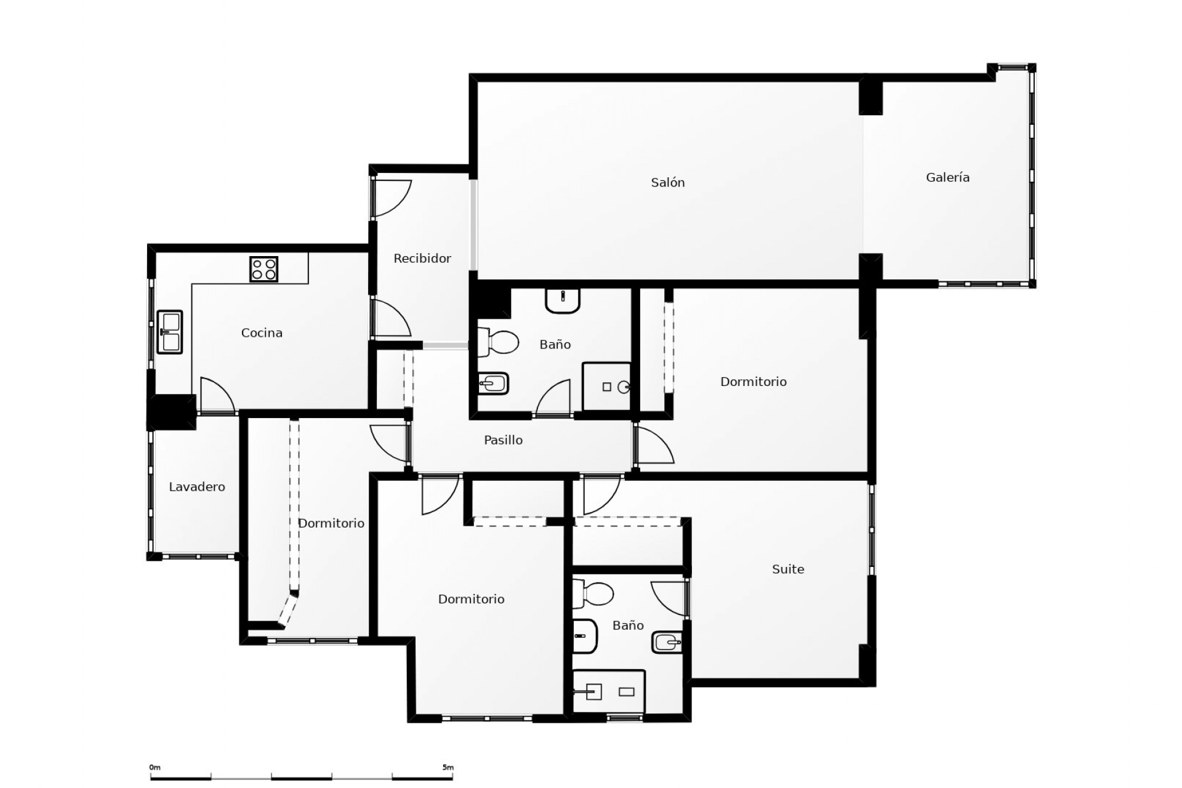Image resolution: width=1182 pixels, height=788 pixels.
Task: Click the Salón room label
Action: (x=668, y=182)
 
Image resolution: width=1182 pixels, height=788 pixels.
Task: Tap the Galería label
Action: (x=947, y=177)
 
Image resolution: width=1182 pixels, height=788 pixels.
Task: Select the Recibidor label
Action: (x=422, y=259)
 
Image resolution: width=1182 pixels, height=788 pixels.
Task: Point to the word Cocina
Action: (x=262, y=333)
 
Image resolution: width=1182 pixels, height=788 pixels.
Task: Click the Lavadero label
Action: (x=197, y=487)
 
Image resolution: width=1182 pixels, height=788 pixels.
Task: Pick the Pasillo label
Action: (x=503, y=440)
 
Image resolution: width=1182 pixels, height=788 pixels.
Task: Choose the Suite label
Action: (x=788, y=569)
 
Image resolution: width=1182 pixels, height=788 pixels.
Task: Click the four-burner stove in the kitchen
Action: (x=263, y=269)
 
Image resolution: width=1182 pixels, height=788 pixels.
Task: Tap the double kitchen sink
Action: (x=170, y=332)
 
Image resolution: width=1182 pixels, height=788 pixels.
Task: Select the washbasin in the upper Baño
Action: (x=563, y=300)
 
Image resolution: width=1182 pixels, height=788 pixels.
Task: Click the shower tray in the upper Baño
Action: (x=606, y=386)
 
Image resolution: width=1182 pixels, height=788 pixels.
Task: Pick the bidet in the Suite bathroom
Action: (x=667, y=643)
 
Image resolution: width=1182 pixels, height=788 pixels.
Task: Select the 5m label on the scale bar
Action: (x=448, y=768)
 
